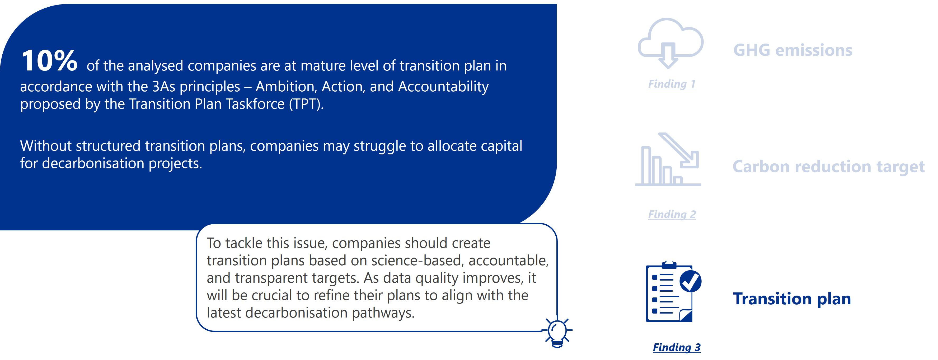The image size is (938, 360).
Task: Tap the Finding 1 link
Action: point(672,84)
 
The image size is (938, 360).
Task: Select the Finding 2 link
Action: point(672,214)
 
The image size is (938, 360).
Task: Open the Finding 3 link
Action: point(677,347)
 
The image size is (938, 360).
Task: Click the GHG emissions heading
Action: point(793,50)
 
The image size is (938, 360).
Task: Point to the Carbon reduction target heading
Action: point(828,167)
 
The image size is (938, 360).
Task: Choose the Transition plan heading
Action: point(792,299)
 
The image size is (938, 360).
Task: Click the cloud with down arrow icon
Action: point(670,43)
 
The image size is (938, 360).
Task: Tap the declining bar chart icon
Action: point(668,159)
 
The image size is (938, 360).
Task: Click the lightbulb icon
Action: point(557,332)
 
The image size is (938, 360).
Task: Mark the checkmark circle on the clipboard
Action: point(690,281)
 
